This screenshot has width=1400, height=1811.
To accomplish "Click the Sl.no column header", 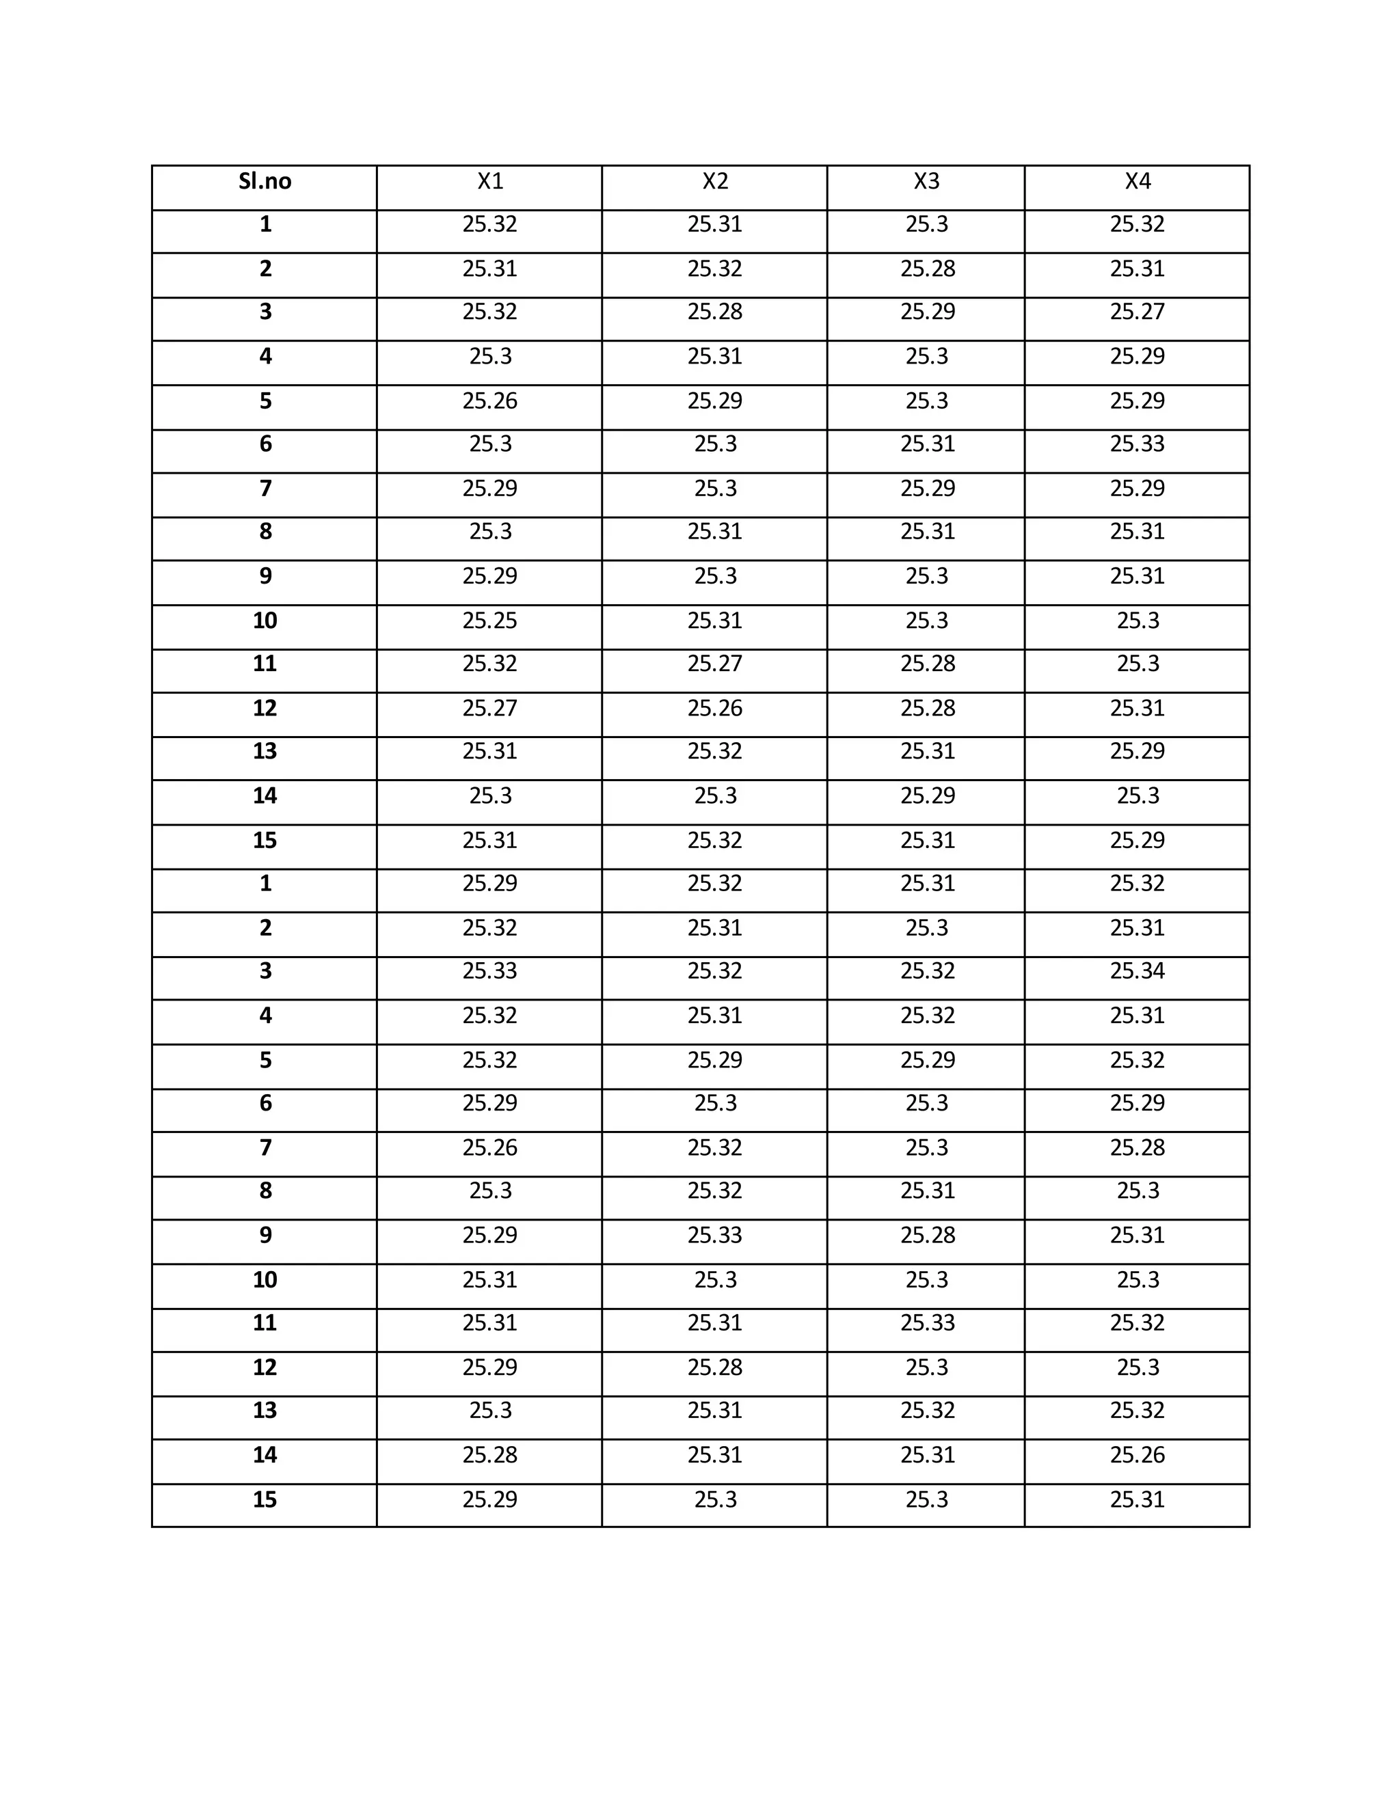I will pyautogui.click(x=265, y=182).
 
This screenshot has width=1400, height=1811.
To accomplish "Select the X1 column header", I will pyautogui.click(x=490, y=182).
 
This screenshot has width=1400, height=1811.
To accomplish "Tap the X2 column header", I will pyautogui.click(x=715, y=182).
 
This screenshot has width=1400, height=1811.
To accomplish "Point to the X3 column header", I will pyautogui.click(x=926, y=182).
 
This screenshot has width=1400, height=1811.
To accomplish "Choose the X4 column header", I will pyautogui.click(x=1137, y=182).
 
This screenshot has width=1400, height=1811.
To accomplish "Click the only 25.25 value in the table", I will pyautogui.click(x=489, y=621).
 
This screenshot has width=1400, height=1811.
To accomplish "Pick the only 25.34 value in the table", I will pyautogui.click(x=1137, y=971).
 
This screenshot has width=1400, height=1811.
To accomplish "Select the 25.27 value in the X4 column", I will pyautogui.click(x=1137, y=312).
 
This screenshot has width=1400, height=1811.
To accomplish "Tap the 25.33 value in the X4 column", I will pyautogui.click(x=1137, y=444).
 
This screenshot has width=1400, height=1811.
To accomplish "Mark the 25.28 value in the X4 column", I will pyautogui.click(x=1137, y=1147).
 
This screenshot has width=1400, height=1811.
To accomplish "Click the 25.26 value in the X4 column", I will pyautogui.click(x=1137, y=1454).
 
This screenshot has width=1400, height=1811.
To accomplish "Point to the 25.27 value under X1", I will pyautogui.click(x=489, y=708).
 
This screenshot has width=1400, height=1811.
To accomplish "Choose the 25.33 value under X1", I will pyautogui.click(x=489, y=971).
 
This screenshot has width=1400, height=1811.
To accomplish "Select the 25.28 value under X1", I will pyautogui.click(x=489, y=1454).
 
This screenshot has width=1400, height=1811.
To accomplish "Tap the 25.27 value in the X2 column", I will pyautogui.click(x=715, y=664).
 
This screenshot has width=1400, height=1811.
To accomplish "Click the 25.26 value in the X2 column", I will pyautogui.click(x=715, y=708).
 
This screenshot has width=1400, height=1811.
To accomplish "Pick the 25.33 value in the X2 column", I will pyautogui.click(x=715, y=1236).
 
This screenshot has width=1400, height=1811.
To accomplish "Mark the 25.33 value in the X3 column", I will pyautogui.click(x=927, y=1322).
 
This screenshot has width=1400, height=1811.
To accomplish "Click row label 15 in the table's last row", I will pyautogui.click(x=265, y=1499).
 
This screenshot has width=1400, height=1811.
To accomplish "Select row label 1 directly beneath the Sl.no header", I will pyautogui.click(x=265, y=225).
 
